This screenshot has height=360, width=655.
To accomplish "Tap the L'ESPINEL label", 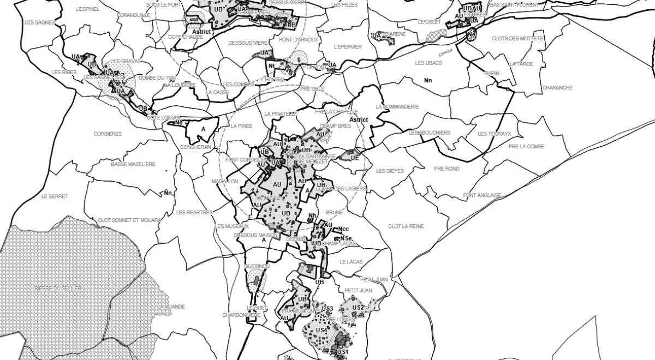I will pyautogui.click(x=87, y=9).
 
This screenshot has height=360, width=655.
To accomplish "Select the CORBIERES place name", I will pyautogui.click(x=108, y=134).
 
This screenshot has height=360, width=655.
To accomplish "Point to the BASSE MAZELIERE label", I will pyautogui.click(x=133, y=164).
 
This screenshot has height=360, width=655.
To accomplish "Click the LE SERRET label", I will pyautogui.click(x=55, y=196).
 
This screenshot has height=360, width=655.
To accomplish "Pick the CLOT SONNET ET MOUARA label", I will pyautogui.click(x=129, y=220).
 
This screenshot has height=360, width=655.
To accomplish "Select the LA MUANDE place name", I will pyautogui.click(x=171, y=307).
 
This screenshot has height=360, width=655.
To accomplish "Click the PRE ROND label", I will pyautogui.click(x=446, y=169).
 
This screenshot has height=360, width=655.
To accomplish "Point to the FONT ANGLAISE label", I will pyautogui.click(x=481, y=195).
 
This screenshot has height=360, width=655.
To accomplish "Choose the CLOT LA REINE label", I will pyautogui.click(x=406, y=226).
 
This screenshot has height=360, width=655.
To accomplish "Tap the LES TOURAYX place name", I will pyautogui.click(x=494, y=134).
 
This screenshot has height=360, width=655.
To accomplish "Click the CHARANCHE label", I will pyautogui.click(x=557, y=88).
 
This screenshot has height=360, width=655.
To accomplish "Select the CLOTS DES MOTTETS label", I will pyautogui.click(x=517, y=39).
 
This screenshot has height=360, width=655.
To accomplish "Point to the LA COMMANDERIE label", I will pyautogui.click(x=397, y=106).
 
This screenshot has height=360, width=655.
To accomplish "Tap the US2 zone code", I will pyautogui.click(x=358, y=308).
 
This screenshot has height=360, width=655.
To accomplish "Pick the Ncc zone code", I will pyautogui.click(x=344, y=229).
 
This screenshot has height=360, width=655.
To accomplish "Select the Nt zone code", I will pyautogui.click(x=271, y=66).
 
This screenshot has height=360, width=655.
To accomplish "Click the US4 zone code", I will pyautogui.click(x=321, y=331).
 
